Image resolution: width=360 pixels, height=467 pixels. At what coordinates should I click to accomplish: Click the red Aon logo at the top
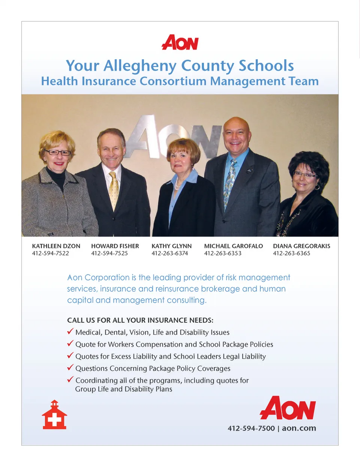click(x=180, y=43)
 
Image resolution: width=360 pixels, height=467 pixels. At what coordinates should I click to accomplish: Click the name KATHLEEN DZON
click(x=56, y=246)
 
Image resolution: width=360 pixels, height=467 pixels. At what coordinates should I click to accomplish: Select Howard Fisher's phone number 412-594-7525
click(x=109, y=253)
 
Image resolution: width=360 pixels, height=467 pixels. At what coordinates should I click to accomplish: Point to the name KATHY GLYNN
click(x=171, y=246)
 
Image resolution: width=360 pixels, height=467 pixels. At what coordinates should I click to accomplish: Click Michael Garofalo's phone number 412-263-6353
click(x=223, y=253)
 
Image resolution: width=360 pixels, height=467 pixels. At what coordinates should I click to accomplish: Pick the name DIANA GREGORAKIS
click(x=301, y=246)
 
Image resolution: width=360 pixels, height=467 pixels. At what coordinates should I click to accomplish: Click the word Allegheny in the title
click(x=139, y=66)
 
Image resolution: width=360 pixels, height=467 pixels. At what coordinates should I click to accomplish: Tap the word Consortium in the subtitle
click(x=173, y=81)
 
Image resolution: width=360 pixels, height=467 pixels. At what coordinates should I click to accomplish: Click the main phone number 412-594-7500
click(x=251, y=428)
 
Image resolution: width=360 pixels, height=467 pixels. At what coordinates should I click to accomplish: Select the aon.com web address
click(x=299, y=428)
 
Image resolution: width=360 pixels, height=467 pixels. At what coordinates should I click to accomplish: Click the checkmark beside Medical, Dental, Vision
click(x=70, y=331)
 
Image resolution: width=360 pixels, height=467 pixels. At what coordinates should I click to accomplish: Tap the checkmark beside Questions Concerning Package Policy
click(x=70, y=367)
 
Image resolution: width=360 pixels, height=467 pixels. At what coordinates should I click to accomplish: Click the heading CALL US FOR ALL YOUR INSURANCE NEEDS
click(x=140, y=320)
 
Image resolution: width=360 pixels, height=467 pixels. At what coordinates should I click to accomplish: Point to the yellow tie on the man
click(x=114, y=189)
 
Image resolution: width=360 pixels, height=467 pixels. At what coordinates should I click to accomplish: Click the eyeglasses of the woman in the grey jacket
click(x=58, y=153)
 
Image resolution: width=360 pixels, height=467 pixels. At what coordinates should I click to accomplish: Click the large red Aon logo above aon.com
click(x=288, y=408)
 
